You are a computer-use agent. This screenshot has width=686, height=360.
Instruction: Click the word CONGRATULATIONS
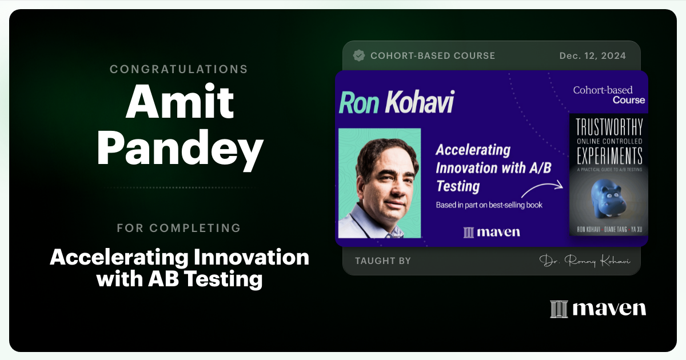(179, 69)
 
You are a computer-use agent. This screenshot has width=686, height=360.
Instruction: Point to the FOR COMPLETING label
(179, 228)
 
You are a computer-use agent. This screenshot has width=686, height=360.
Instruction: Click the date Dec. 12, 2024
(592, 55)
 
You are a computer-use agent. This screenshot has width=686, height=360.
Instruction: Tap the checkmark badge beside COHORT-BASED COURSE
(359, 55)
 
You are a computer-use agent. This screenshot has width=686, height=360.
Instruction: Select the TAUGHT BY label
(382, 261)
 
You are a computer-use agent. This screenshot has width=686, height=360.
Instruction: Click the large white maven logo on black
(598, 309)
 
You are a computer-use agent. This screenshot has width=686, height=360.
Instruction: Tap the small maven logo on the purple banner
(492, 232)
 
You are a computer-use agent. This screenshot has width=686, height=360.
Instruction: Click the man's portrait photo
(380, 183)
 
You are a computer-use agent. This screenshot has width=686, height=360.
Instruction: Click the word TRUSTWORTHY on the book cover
(609, 127)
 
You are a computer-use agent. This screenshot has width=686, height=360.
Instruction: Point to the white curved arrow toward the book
(542, 188)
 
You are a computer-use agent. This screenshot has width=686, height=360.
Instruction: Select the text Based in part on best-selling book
(489, 205)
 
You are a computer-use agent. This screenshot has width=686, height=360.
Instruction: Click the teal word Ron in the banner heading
(358, 103)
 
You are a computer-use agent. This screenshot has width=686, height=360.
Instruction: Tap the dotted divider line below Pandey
(179, 187)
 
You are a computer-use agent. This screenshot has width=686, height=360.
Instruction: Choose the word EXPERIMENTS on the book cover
(609, 155)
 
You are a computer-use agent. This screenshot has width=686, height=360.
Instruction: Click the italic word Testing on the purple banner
(457, 186)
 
